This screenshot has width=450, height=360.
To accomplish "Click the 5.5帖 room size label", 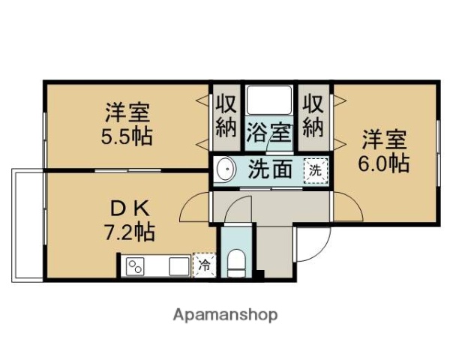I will coord(127,136).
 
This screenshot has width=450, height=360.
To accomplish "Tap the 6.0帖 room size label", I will coord(384,163).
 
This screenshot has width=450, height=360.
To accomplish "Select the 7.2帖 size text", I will coord(129,232).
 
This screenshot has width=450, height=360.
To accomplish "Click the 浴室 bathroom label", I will coord(268,133).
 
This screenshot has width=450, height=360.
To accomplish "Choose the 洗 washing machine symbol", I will coord(315,170).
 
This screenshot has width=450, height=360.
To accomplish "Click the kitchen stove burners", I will coord(136,266).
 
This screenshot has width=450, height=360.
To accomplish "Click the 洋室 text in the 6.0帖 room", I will coord(384,139).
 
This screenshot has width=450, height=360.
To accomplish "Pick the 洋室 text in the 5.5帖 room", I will coord(127,114).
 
